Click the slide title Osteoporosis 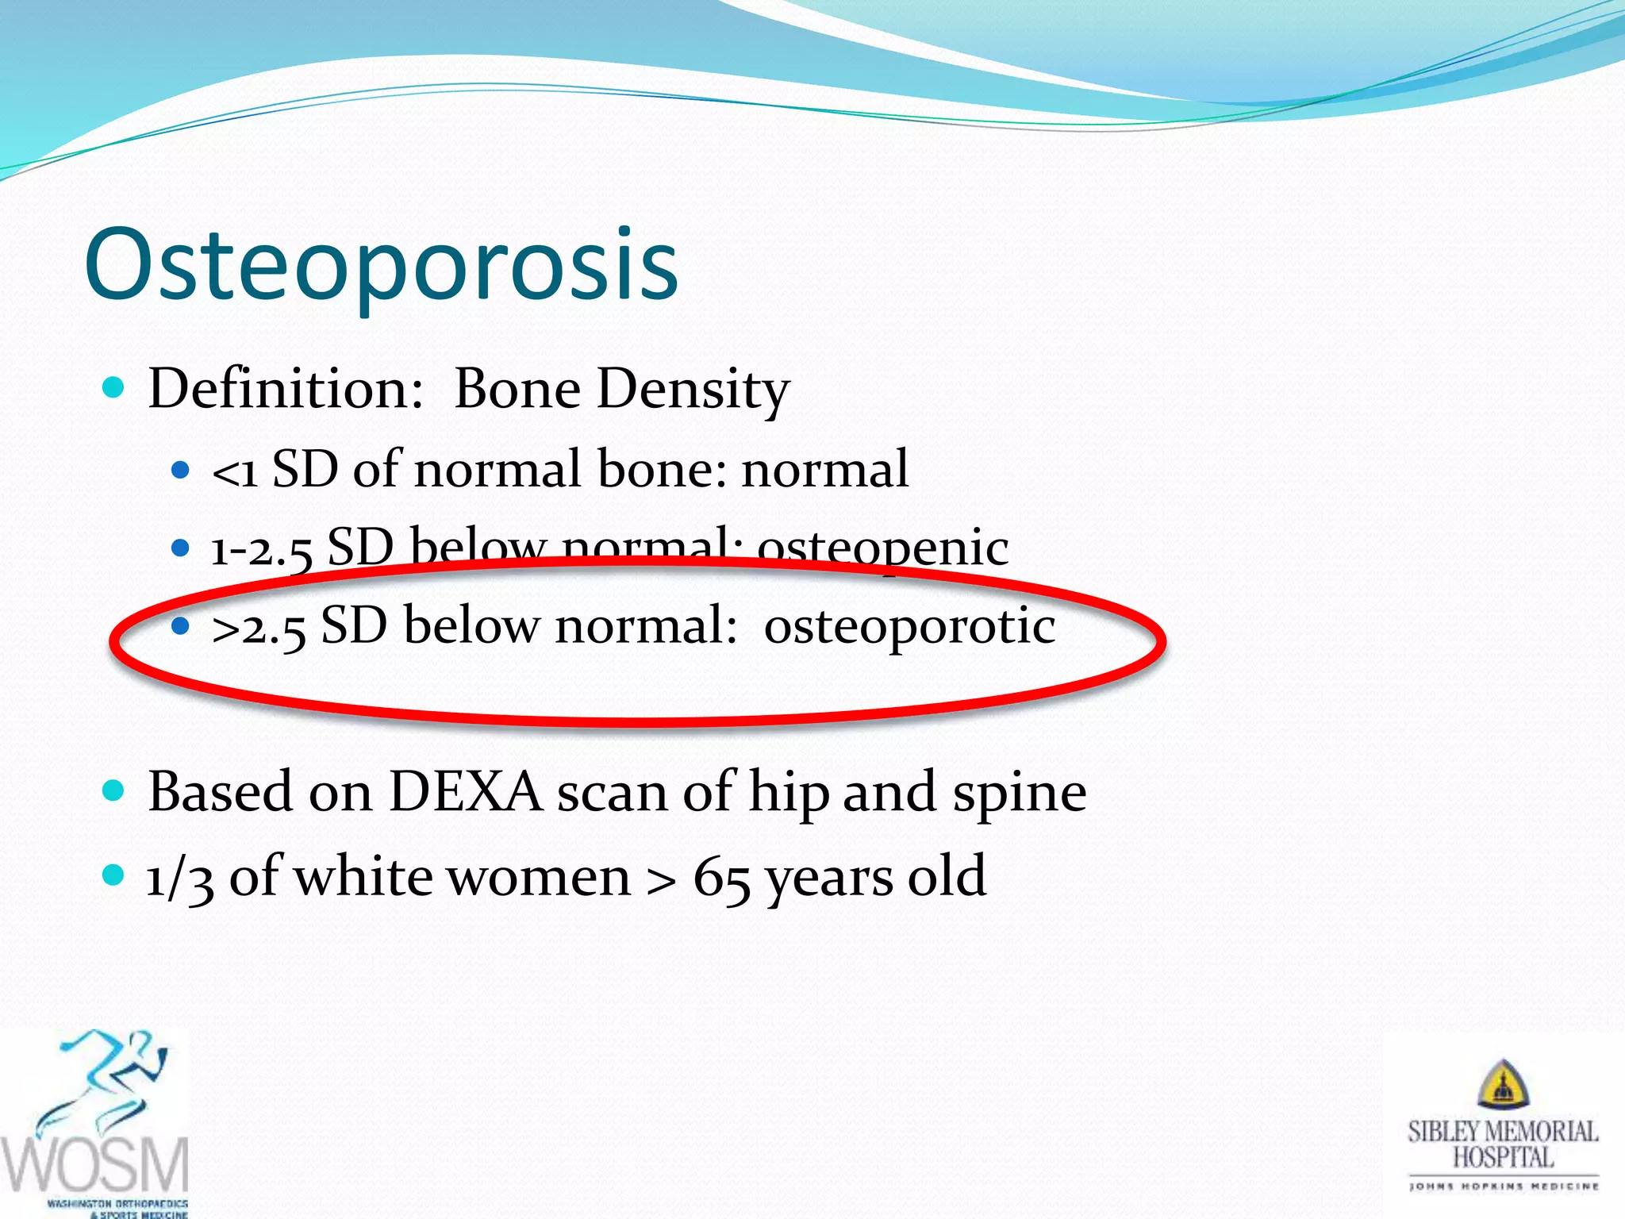click(x=381, y=266)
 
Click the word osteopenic click(x=882, y=548)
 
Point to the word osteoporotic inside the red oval click(x=909, y=626)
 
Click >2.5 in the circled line click(x=259, y=628)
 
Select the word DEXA click(x=465, y=792)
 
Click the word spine click(x=1019, y=794)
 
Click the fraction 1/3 click(x=180, y=879)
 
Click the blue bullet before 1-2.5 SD click(x=181, y=548)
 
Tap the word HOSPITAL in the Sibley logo click(x=1503, y=1157)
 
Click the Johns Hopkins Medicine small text click(x=1503, y=1186)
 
